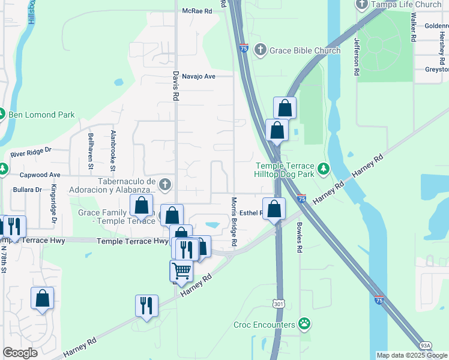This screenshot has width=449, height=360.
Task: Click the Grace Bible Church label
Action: pyautogui.click(x=305, y=50)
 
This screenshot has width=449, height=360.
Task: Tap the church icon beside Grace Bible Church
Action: pyautogui.click(x=260, y=50)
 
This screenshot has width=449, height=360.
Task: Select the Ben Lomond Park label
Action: pyautogui.click(x=41, y=114)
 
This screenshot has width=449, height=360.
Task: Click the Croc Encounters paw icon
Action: pyautogui.click(x=305, y=325)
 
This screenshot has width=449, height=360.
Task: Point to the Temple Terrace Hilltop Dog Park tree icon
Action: pyautogui.click(x=324, y=169)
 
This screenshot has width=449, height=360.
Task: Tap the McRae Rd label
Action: pyautogui.click(x=198, y=11)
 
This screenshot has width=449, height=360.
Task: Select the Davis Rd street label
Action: pyautogui.click(x=175, y=86)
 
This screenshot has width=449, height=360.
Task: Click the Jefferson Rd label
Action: pyautogui.click(x=357, y=56)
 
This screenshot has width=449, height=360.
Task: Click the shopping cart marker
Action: pyautogui.click(x=181, y=270)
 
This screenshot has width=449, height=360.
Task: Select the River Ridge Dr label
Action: pyautogui.click(x=31, y=154)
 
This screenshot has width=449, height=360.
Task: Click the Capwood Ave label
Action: pyautogui.click(x=40, y=175)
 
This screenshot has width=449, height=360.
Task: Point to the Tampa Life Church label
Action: pyautogui.click(x=406, y=5)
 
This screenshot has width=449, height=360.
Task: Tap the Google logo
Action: pyautogui.click(x=20, y=353)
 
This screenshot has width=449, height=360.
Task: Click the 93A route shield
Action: pyautogui.click(x=425, y=346)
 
